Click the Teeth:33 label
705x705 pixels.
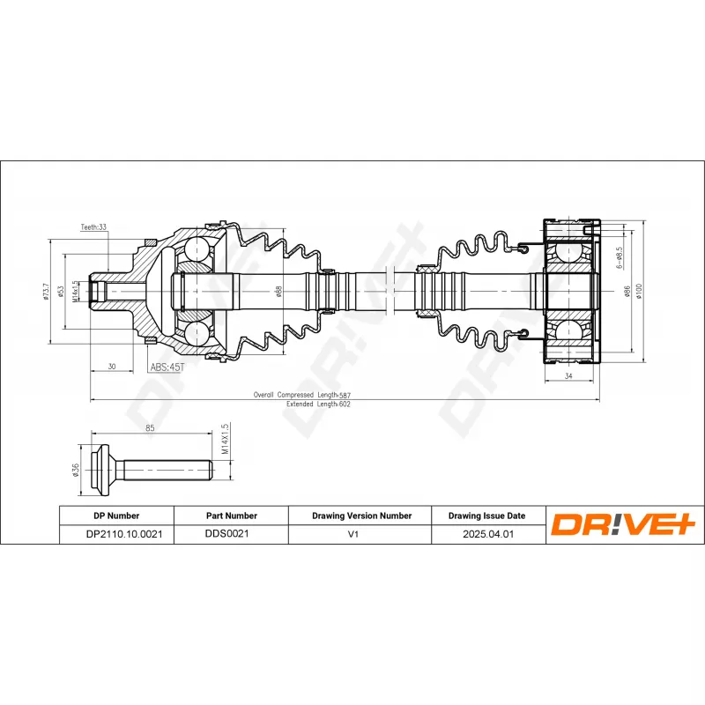(x=93, y=226)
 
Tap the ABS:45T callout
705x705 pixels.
(x=166, y=367)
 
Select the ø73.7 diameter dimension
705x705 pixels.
(x=46, y=291)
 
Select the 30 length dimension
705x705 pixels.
(x=111, y=366)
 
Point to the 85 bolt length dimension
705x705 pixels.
(x=150, y=429)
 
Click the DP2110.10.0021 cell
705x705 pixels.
(x=115, y=534)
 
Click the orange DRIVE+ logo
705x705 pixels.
(x=624, y=525)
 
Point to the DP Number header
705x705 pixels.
(x=115, y=516)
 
